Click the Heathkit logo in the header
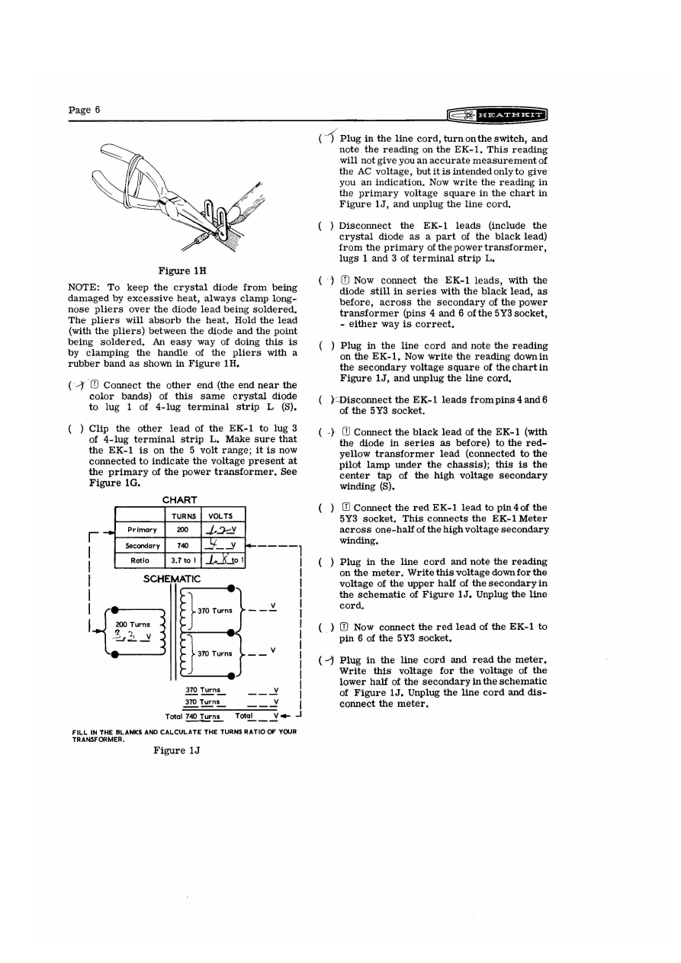point(500,114)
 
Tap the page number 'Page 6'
point(85,110)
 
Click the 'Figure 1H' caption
point(179,271)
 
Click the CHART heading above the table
point(181,500)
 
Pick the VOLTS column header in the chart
point(220,516)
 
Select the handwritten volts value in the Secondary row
point(217,544)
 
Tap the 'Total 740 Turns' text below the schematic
point(193,716)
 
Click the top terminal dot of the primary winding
point(114,609)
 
